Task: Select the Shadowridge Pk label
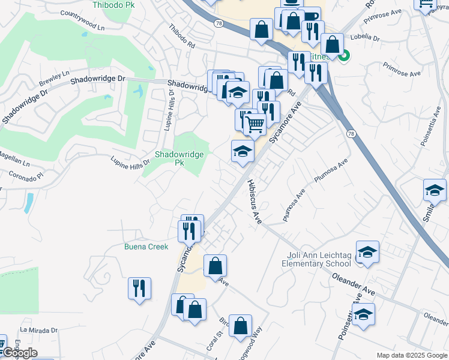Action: (179, 158)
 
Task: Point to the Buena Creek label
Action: (146, 247)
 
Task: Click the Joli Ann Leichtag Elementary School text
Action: (315, 259)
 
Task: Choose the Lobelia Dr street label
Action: (367, 38)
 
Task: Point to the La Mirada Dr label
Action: (38, 330)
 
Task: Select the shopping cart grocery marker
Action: (256, 124)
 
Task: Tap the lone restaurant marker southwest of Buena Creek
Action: (139, 287)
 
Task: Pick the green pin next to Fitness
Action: (344, 57)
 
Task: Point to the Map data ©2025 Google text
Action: (411, 355)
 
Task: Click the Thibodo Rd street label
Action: (182, 36)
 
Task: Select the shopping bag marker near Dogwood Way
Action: (240, 326)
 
